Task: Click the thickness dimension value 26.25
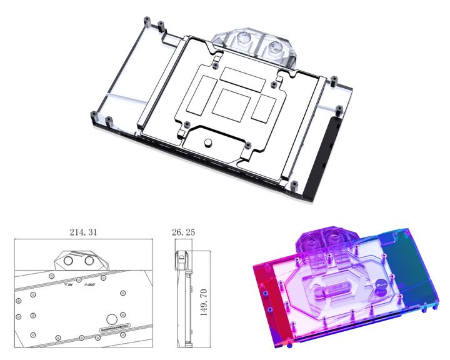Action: click(182, 232)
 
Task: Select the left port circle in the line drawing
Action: click(68, 262)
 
